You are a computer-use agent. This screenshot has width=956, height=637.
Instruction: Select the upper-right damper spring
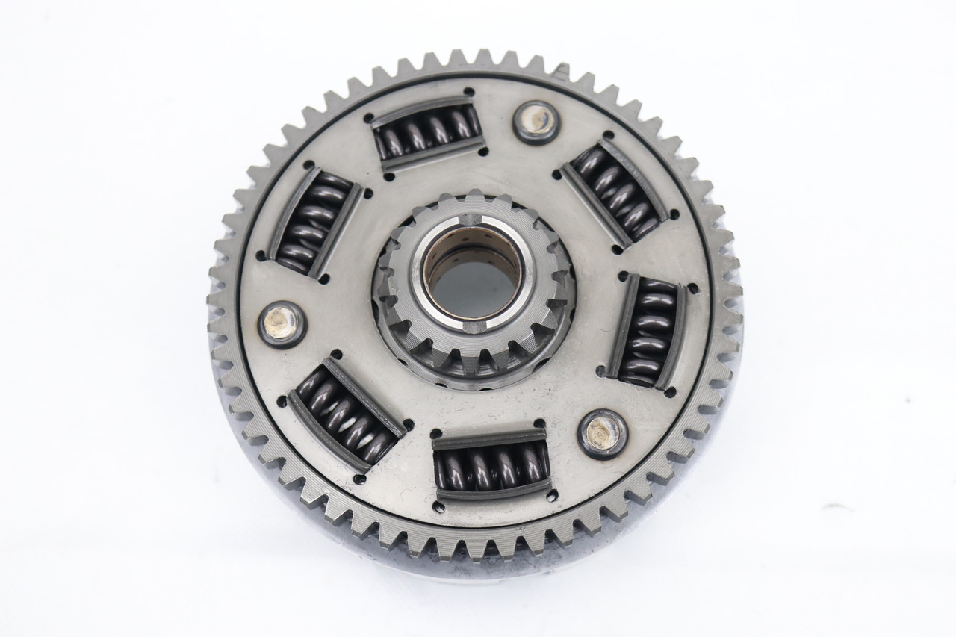click(615, 190)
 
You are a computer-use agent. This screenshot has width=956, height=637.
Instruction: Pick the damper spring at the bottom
click(491, 464)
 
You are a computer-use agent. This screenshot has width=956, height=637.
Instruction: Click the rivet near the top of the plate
click(536, 121)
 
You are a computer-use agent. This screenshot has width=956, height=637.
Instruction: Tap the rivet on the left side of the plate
click(282, 324)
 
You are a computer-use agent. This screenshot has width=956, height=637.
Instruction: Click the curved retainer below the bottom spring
click(493, 493)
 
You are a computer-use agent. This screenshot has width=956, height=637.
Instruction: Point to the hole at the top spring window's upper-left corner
click(369, 117)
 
